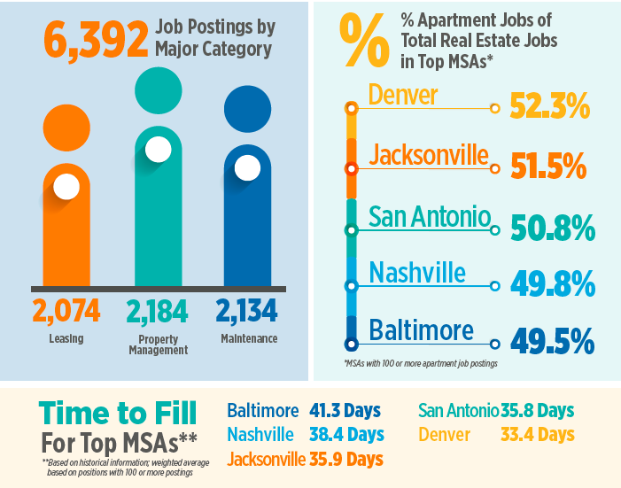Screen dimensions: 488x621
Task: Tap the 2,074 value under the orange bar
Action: [66, 311]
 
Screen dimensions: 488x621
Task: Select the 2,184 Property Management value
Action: [157, 311]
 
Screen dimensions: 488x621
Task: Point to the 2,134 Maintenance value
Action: [247, 311]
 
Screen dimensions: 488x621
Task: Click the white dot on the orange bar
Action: [66, 187]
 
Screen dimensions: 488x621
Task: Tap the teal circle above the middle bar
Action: [158, 89]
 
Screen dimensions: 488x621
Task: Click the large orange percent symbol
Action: [363, 43]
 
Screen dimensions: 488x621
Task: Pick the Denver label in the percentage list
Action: [404, 94]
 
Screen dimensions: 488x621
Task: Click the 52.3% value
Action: [549, 108]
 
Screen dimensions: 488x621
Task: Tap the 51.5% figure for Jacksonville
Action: [549, 167]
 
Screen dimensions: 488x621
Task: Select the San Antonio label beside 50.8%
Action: [429, 215]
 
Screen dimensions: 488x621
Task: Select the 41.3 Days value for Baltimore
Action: [345, 411]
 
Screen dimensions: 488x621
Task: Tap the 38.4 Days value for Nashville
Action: [346, 435]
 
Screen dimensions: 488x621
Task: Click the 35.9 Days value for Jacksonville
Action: [346, 459]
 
